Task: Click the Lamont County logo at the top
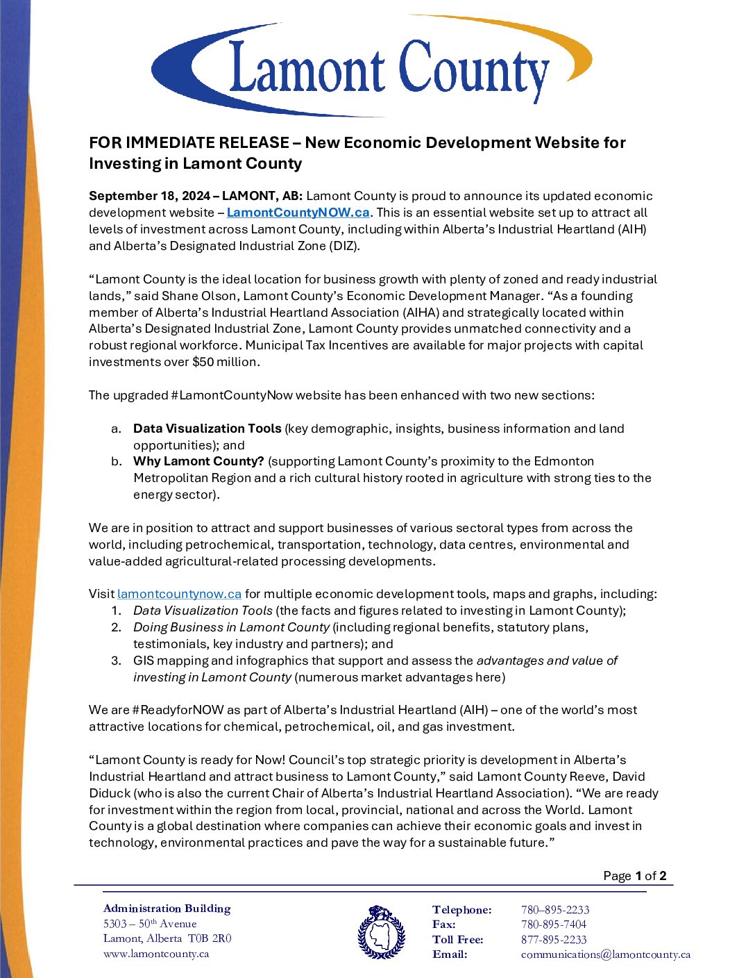[x=372, y=68]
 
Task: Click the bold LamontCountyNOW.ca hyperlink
[x=298, y=213]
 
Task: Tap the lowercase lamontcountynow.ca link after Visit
[x=179, y=594]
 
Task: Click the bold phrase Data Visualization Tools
[x=207, y=429]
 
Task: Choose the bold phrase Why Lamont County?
[x=198, y=461]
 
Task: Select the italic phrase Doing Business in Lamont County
[x=231, y=627]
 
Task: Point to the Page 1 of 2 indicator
[x=634, y=876]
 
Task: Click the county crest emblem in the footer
[x=381, y=932]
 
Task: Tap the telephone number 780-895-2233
[x=555, y=910]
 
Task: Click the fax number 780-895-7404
[x=554, y=925]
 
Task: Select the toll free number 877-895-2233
[x=554, y=940]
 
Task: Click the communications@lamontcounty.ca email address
[x=605, y=954]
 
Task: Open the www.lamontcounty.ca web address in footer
[x=156, y=954]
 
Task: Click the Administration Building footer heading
[x=167, y=909]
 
